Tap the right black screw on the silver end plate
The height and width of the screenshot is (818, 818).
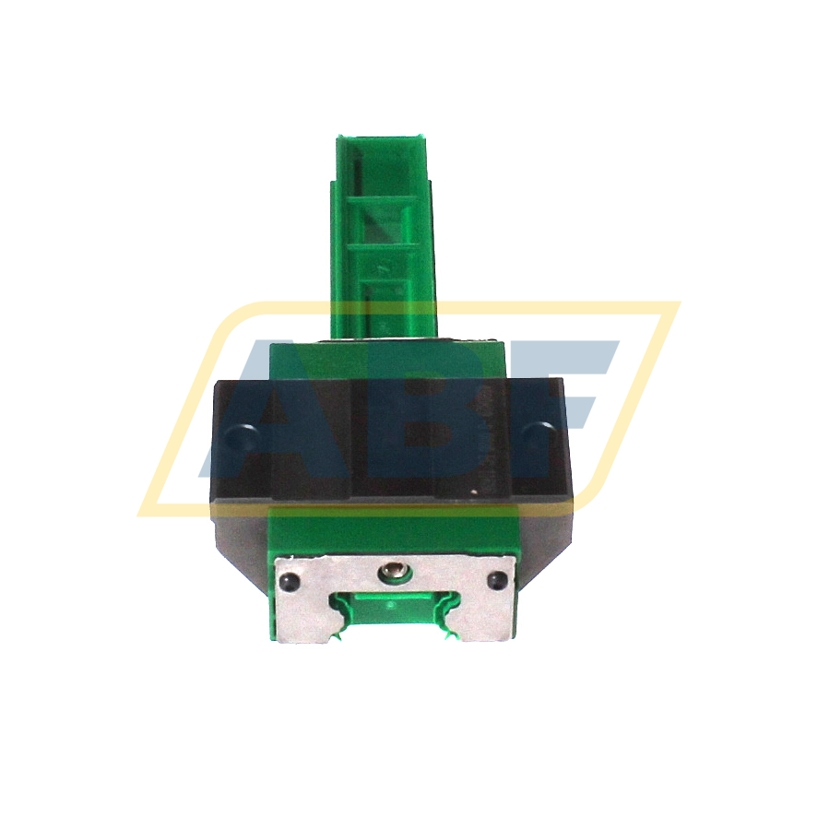[x=497, y=580]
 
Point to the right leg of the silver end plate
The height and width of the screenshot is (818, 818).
[x=483, y=618]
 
